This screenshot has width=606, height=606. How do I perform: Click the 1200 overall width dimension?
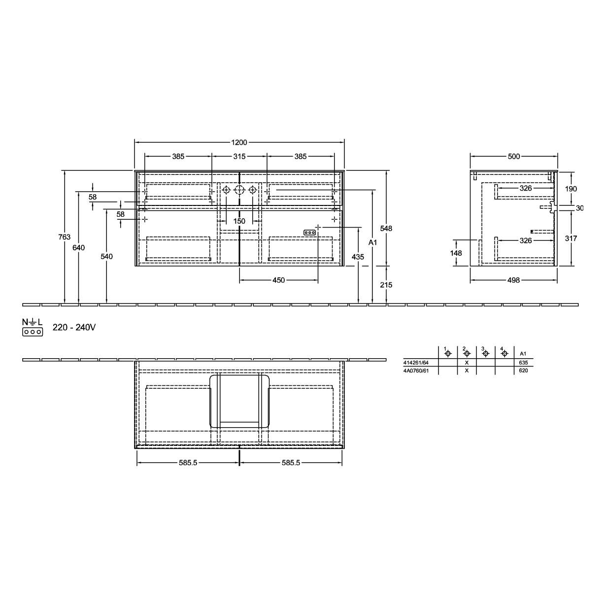[x=239, y=142]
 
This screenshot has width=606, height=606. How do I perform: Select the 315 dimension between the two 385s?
[x=239, y=156]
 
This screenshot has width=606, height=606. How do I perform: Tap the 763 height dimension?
[x=65, y=237]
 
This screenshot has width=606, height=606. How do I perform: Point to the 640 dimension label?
[x=79, y=248]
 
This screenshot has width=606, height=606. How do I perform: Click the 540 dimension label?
[x=106, y=257]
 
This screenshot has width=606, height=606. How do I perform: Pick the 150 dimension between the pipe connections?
[x=239, y=221]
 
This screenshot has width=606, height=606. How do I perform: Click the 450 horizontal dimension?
[x=279, y=280]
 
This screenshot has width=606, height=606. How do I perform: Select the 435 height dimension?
[x=358, y=257]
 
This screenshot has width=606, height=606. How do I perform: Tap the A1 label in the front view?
[x=372, y=242]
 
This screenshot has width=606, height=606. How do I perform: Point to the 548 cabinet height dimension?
[x=386, y=229]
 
